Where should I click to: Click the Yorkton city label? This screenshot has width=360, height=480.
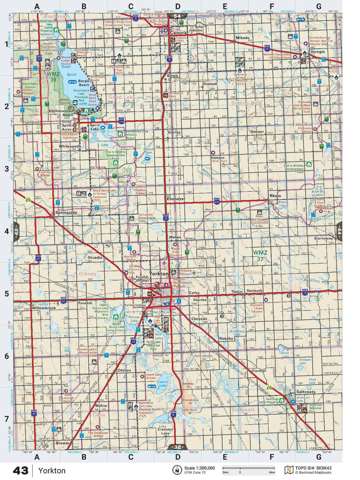pos(159,274)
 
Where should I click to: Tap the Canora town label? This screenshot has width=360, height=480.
pos(178,33)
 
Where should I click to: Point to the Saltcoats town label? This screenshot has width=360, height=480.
pos(305,392)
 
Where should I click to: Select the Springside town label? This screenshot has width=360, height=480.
pos(66,212)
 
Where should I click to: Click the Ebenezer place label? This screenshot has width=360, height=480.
pos(176,199)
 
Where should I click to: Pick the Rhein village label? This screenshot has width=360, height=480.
pos(275,196)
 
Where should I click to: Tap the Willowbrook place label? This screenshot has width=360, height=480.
pos(44,308)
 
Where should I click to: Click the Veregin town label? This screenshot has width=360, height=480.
pos(317,52)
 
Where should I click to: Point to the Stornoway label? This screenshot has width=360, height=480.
pos(324,238)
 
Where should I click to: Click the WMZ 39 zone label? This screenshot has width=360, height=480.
pos(53,77)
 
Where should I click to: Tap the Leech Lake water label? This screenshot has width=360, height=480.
pos(163,384)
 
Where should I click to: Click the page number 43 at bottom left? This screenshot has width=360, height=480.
pos(21,471)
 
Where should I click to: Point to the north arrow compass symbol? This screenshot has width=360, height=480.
pos(177,470)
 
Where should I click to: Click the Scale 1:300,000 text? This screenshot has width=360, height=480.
pos(199,468)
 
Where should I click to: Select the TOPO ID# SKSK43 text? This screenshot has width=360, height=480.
pos(313,468)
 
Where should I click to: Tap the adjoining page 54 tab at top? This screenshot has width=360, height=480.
pos(177,16)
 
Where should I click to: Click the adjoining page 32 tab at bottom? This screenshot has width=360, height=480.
pos(177,447)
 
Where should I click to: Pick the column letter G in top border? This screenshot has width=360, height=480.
pos(318,6)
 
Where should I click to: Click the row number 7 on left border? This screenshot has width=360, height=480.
pos(7,419)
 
